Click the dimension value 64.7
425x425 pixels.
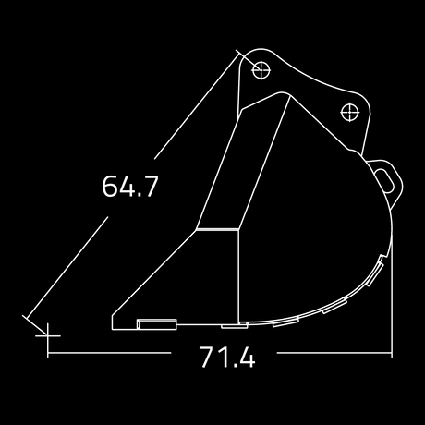click(130, 186)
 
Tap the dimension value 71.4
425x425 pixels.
click(227, 357)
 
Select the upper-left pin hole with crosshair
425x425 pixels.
click(261, 70)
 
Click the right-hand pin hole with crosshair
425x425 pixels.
click(350, 113)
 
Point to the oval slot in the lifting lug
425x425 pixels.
click(385, 181)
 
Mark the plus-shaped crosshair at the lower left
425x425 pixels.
click(48, 335)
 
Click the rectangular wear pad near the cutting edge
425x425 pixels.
click(157, 324)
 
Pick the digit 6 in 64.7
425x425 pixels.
click(110, 186)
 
